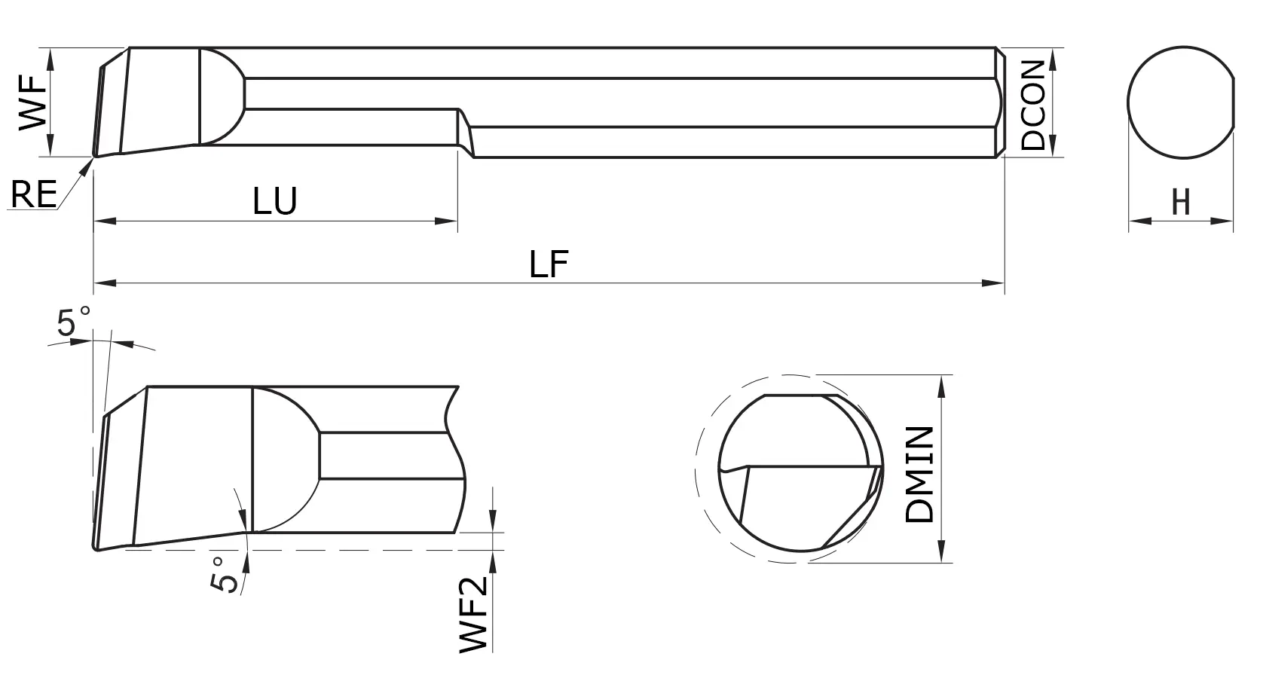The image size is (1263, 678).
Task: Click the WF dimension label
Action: pyautogui.click(x=32, y=103)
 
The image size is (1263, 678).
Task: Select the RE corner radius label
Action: pyautogui.click(x=34, y=195)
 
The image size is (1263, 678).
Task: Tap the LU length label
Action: pyautogui.click(x=275, y=201)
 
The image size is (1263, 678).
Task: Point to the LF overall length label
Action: pyautogui.click(x=548, y=264)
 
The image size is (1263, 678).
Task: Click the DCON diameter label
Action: pyautogui.click(x=1033, y=105)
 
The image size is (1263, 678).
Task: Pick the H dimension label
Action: pyautogui.click(x=1181, y=202)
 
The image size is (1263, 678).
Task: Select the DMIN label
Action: pyautogui.click(x=920, y=475)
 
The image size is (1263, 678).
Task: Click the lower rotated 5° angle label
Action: pyautogui.click(x=223, y=574)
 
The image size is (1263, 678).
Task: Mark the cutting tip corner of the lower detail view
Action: pyautogui.click(x=96, y=548)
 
